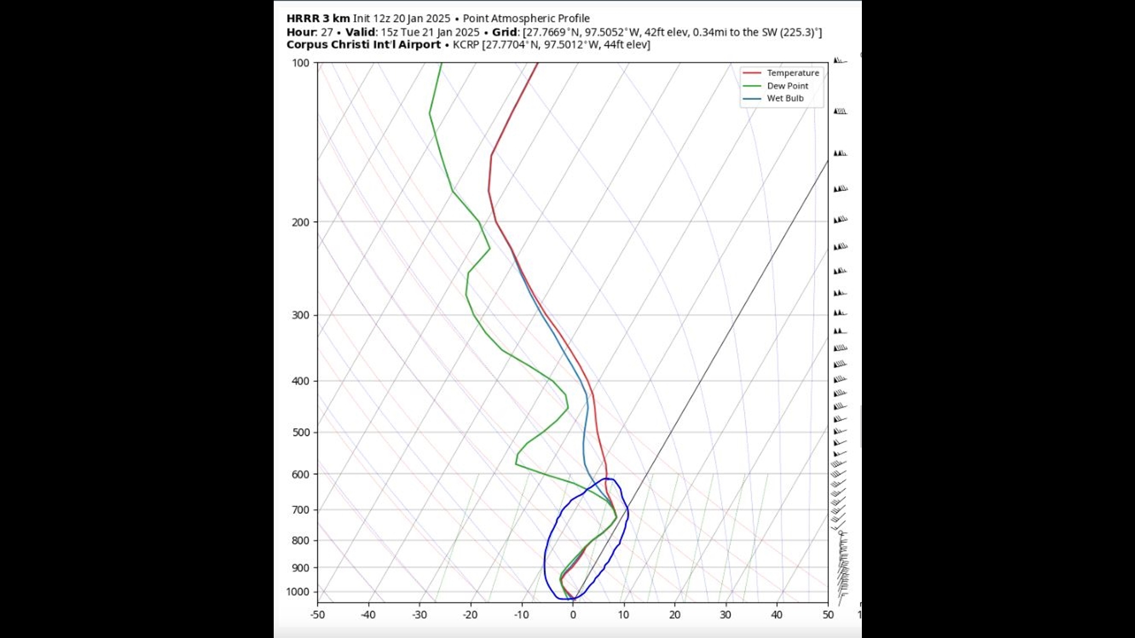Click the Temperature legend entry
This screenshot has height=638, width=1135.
pyautogui.click(x=792, y=73)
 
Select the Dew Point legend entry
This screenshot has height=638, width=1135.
pyautogui.click(x=787, y=86)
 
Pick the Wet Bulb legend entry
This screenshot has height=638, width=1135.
pyautogui.click(x=785, y=98)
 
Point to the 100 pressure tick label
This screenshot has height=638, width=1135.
pyautogui.click(x=300, y=63)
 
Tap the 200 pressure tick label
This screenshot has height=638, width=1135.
pyautogui.click(x=300, y=222)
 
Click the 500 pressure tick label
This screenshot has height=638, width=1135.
pyautogui.click(x=300, y=432)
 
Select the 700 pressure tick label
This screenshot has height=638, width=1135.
pyautogui.click(x=300, y=510)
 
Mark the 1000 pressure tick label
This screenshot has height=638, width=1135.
pyautogui.click(x=297, y=592)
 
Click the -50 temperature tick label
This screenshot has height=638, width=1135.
pyautogui.click(x=317, y=615)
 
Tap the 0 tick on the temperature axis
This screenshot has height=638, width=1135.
pyautogui.click(x=573, y=615)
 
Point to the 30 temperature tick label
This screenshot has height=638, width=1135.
pyautogui.click(x=725, y=615)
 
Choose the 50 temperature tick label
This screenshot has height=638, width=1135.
pyautogui.click(x=828, y=615)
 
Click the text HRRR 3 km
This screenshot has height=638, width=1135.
pyautogui.click(x=318, y=18)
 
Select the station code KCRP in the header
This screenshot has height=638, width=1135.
pyautogui.click(x=466, y=45)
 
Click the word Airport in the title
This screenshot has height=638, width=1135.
pyautogui.click(x=419, y=45)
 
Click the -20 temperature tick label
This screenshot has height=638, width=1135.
pyautogui.click(x=470, y=615)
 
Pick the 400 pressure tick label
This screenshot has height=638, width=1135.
pyautogui.click(x=300, y=382)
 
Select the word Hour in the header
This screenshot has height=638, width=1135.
pyautogui.click(x=300, y=32)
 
